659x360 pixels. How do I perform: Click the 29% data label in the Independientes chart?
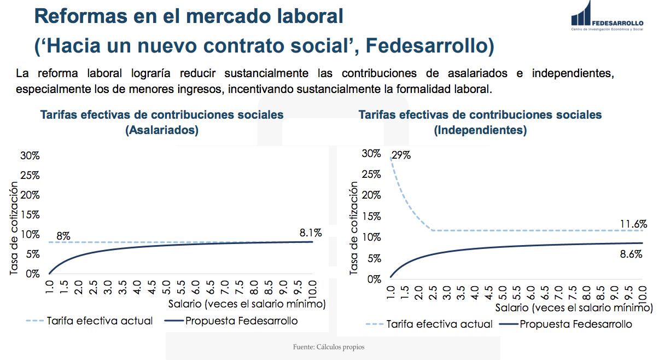401,155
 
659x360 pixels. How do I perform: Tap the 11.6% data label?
633,224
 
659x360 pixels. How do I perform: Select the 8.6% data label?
631,254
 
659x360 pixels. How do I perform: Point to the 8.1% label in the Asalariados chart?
310,233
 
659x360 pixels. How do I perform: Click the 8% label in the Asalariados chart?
63,236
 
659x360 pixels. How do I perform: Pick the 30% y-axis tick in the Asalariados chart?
30,155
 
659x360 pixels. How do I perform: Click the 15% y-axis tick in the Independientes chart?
372,216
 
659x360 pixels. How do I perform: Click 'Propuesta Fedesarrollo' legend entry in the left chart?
242,321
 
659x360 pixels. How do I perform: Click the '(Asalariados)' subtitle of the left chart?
161,130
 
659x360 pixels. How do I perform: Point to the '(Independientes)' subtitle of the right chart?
480,130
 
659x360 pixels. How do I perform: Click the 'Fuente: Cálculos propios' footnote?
329,347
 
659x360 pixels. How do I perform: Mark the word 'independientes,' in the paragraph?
573,73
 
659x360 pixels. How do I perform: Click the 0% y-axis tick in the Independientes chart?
374,279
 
